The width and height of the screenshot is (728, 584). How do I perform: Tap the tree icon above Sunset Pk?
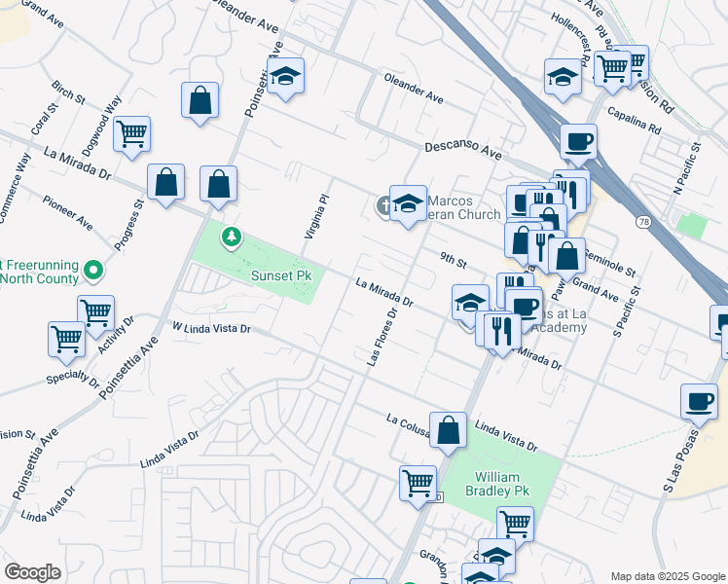tap(232, 237)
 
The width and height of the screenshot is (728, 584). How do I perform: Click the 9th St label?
tap(453, 260)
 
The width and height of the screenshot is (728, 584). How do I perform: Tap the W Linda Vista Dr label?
tap(211, 328)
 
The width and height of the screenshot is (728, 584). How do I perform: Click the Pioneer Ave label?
tap(67, 213)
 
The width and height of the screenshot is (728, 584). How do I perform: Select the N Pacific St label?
tap(693, 166)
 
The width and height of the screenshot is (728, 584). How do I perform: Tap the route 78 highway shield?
tap(643, 223)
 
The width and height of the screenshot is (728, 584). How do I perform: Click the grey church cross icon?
tap(385, 205)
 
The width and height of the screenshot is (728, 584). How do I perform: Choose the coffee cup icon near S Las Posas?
tap(700, 400)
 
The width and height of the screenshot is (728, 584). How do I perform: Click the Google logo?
tap(32, 572)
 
